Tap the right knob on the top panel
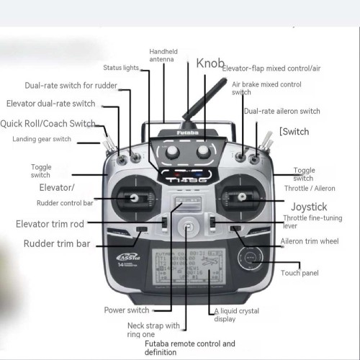pyautogui.click(x=204, y=151)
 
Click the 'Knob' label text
pyautogui.click(x=210, y=63)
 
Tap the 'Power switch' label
pyautogui.click(x=127, y=310)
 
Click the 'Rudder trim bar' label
pyautogui.click(x=57, y=244)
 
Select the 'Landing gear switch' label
pyautogui.click(x=42, y=139)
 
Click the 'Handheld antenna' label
pyautogui.click(x=163, y=56)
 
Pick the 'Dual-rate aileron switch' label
pyautogui.click(x=282, y=112)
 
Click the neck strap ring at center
pyautogui.click(x=188, y=229)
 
